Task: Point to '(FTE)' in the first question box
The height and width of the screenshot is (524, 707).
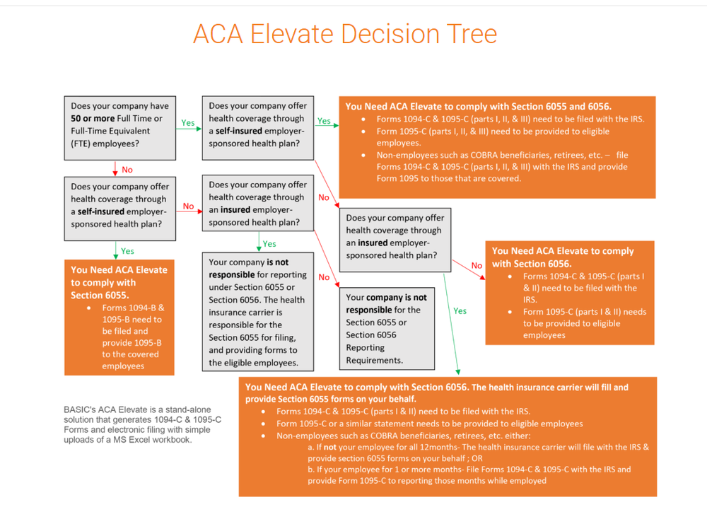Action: coord(84,144)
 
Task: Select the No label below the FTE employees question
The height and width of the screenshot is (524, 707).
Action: coord(127,170)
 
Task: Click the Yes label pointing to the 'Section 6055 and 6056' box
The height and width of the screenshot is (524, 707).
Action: coord(324,121)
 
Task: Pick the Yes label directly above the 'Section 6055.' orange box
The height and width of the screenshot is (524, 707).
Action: coord(127,251)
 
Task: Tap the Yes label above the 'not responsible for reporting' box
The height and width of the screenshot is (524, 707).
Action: coord(269,244)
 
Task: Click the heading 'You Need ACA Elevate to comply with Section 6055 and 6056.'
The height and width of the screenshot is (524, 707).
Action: coord(479,106)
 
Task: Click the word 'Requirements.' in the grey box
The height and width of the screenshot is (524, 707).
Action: coord(375,360)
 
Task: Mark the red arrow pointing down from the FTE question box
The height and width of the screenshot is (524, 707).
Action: coord(115,168)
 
